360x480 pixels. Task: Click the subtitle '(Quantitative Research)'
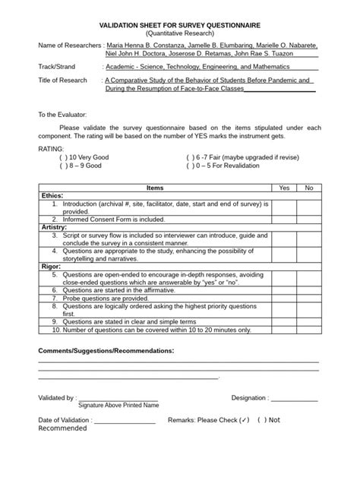point(179,34)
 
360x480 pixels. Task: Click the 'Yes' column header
point(284,187)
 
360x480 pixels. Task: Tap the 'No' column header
point(308,187)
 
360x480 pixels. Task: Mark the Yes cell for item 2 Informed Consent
point(284,219)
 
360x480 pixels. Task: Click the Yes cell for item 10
point(284,330)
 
